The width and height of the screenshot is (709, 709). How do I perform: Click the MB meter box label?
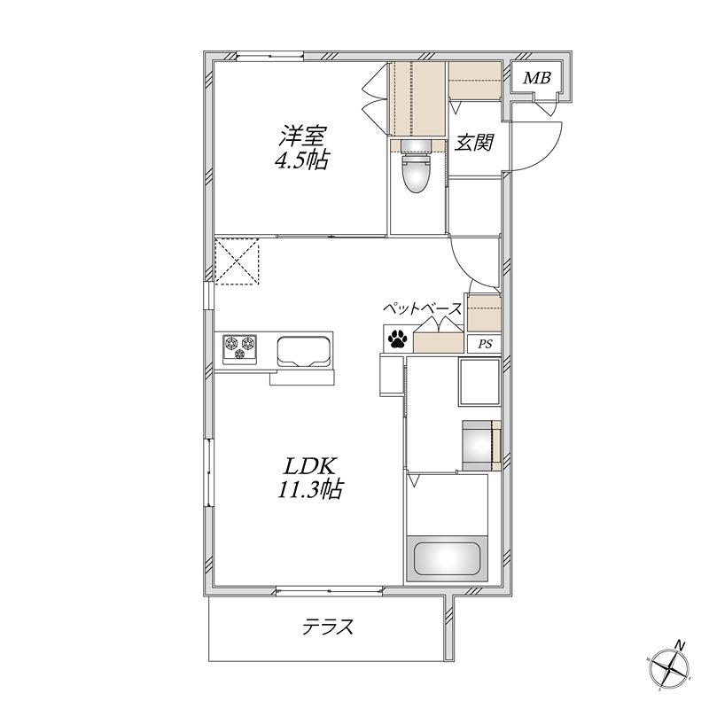(537, 78)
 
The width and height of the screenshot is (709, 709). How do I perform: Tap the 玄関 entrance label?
(473, 143)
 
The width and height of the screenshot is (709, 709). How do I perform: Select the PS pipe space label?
(485, 344)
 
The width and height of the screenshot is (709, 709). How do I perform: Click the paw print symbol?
(397, 339)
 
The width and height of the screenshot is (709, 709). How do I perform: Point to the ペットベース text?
(423, 309)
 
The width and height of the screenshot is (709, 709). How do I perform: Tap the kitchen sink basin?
(304, 350)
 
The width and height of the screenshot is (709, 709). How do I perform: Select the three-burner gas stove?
(239, 348)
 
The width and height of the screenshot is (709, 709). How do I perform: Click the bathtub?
(448, 559)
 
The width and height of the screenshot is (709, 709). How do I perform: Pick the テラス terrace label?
(328, 627)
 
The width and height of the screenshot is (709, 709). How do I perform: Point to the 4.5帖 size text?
(301, 160)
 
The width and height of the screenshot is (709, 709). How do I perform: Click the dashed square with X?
(237, 261)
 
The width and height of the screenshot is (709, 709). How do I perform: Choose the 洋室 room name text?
(302, 136)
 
